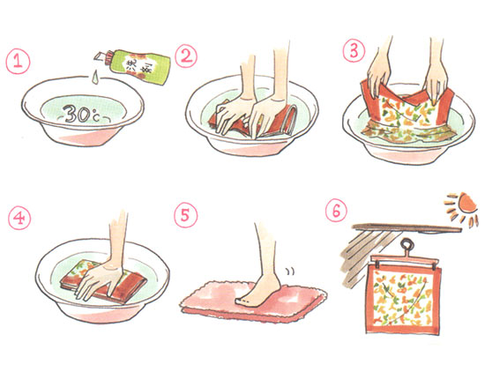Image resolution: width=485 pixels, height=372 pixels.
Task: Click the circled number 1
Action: click(18, 62)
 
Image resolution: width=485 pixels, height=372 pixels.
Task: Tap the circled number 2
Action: click(186, 56)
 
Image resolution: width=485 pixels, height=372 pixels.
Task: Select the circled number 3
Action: click(354, 51)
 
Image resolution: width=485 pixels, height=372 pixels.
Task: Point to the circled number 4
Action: click(19, 219)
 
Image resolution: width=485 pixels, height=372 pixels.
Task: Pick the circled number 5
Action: click(185, 216)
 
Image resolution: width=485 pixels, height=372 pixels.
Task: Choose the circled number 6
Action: click(336, 211)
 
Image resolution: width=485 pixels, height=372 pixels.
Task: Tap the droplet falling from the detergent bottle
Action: click(95, 77)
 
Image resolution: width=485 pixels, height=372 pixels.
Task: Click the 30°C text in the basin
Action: click(83, 114)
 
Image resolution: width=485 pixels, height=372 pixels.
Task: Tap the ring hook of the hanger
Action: click(407, 246)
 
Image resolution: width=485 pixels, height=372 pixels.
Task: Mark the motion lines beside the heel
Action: click(290, 272)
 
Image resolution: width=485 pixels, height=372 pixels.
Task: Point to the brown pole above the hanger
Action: click(407, 228)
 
